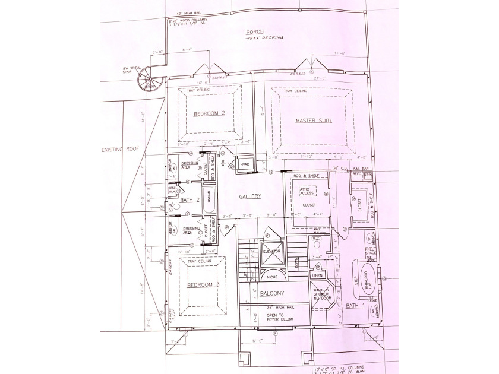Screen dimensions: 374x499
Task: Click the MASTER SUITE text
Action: [313, 121]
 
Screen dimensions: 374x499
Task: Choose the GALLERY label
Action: [250, 196]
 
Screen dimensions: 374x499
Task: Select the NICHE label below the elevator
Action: [272, 277]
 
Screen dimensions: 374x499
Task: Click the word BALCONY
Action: [271, 294]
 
